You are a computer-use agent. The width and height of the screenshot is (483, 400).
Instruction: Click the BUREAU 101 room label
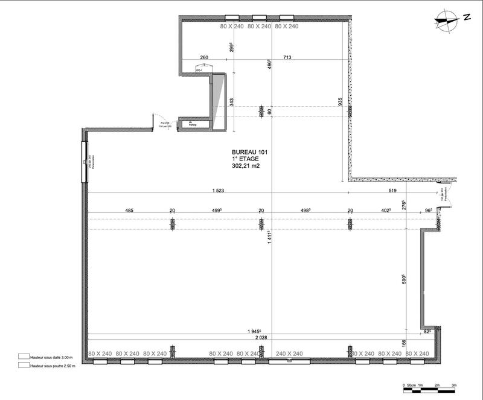249,151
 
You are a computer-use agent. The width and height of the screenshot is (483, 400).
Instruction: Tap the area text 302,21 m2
249,165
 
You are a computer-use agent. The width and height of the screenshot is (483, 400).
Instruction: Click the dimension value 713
287,58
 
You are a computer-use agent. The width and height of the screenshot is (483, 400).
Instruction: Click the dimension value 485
129,211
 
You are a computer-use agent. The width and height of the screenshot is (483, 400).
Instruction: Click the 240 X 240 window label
289,354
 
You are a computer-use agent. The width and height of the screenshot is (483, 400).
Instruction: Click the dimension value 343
232,102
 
